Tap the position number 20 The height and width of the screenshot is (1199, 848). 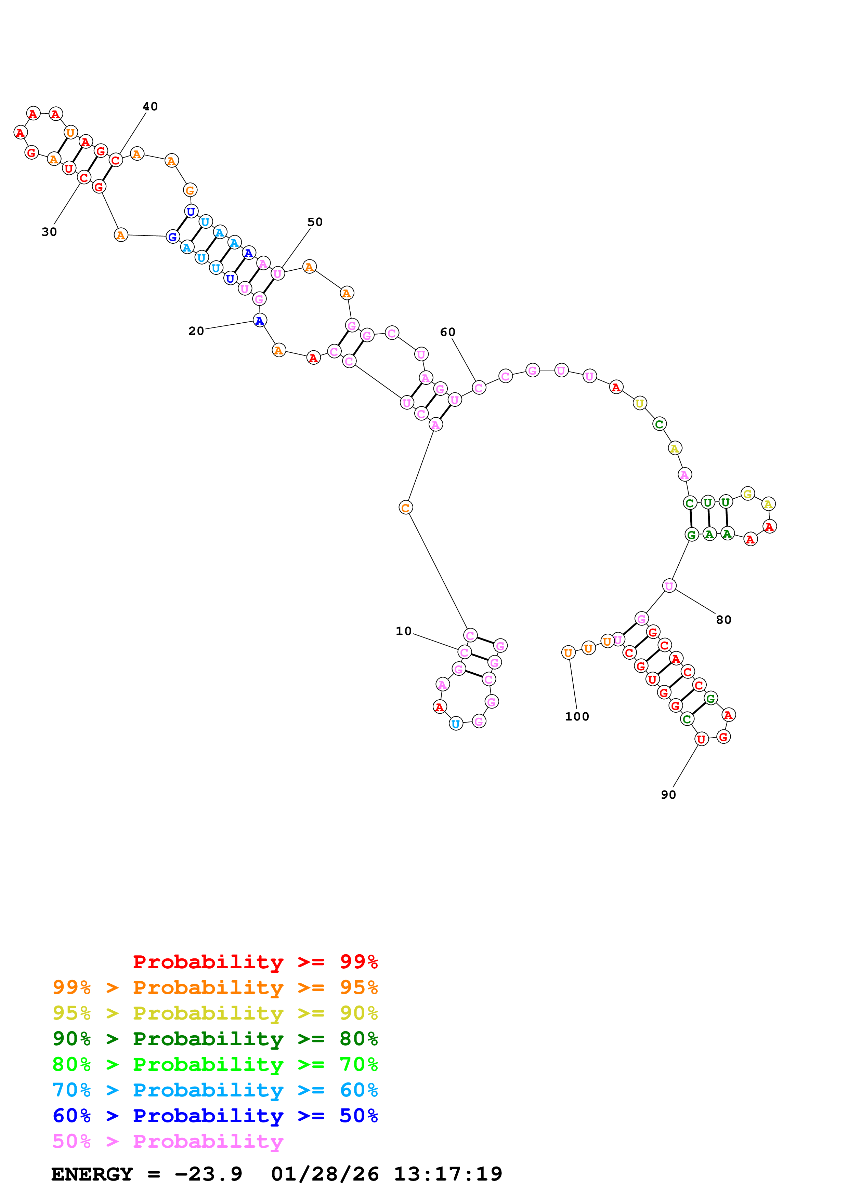pos(196,331)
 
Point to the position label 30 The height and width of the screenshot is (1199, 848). pos(49,232)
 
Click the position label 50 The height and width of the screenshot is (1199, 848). pos(315,222)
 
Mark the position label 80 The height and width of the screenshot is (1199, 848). pos(723,620)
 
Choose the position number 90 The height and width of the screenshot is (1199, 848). pos(668,795)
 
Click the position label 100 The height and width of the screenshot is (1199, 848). pos(577,716)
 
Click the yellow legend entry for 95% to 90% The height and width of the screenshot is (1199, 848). pos(215,1013)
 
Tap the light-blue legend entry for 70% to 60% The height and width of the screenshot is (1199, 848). pos(215,1090)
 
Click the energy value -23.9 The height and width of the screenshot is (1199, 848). pos(208,1174)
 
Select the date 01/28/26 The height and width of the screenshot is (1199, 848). pos(325,1174)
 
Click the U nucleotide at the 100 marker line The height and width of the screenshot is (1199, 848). pos(568,653)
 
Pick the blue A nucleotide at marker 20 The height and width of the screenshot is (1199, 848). pos(260,320)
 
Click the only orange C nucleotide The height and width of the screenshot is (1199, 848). pos(405,507)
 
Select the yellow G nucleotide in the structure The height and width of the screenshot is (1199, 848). pos(748,494)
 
